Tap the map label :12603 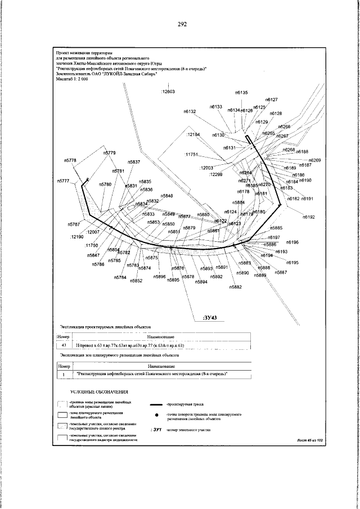[x=168, y=91]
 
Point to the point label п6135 [x=241, y=92]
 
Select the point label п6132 [x=189, y=112]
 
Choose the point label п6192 [x=309, y=217]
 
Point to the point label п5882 [x=236, y=287]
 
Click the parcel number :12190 [x=76, y=237]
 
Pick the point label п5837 [x=133, y=162]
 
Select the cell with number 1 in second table [x=64, y=373]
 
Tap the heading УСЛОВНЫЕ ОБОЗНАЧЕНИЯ [x=100, y=391]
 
